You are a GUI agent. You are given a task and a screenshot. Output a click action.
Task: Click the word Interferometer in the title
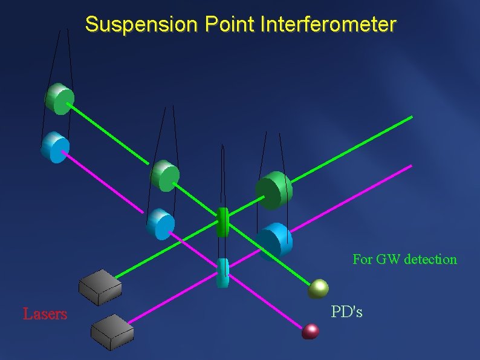coord(329,25)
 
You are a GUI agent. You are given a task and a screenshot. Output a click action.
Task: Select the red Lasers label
coord(45,314)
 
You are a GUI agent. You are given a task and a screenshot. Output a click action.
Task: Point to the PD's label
coord(347,312)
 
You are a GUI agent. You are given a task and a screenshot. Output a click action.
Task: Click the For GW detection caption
coord(404,260)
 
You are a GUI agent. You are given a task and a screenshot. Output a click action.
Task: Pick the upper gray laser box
coord(101,286)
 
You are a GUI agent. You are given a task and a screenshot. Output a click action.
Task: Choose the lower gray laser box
coord(113,332)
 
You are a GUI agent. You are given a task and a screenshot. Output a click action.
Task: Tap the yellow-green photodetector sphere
coord(318,289)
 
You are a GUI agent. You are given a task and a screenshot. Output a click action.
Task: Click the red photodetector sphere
coord(311,331)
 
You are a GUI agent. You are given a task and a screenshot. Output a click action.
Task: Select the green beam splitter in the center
coord(222,221)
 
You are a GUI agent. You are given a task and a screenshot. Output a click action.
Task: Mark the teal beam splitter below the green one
coord(222,272)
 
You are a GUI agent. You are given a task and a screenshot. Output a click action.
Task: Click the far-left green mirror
coord(60,99)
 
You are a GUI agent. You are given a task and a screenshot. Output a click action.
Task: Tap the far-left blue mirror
coord(56,147)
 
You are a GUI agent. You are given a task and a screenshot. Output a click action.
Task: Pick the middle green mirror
coord(164,175)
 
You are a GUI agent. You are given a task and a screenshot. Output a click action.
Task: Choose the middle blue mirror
coord(160,223)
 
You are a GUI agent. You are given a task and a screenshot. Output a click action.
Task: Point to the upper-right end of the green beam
coord(412,116)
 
